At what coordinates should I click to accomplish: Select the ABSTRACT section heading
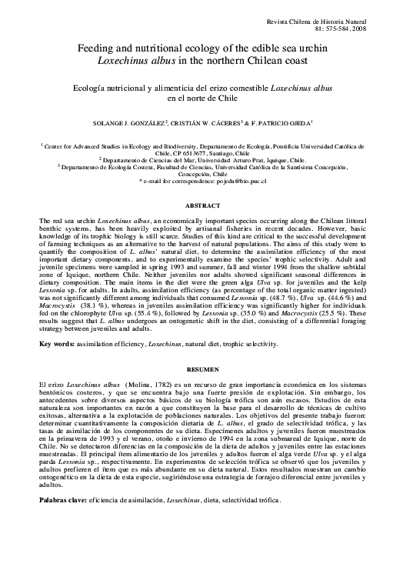point(201,207)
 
